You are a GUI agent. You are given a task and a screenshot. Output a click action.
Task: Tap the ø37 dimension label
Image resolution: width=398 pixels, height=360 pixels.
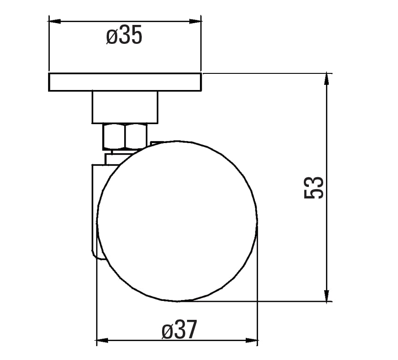click(179, 330)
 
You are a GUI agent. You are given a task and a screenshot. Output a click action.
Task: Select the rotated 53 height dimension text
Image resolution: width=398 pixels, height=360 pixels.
click(314, 188)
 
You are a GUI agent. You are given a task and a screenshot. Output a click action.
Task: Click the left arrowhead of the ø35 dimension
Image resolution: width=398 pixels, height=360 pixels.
click(54, 22)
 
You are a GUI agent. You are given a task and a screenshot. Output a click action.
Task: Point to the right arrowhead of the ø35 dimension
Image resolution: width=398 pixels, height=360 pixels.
click(195, 22)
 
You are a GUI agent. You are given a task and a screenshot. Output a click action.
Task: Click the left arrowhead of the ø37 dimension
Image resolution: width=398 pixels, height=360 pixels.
click(103, 341)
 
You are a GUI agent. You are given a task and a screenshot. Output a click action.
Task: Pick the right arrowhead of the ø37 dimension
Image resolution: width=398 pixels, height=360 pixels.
click(252, 341)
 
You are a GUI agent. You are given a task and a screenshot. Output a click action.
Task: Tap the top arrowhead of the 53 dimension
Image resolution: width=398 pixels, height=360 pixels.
click(327, 79)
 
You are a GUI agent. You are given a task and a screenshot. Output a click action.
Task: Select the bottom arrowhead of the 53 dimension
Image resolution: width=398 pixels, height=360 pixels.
click(327, 295)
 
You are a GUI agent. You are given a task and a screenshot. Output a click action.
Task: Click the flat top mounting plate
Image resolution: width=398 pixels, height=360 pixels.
click(125, 82)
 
